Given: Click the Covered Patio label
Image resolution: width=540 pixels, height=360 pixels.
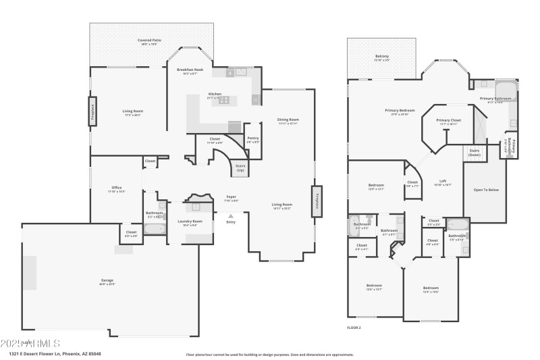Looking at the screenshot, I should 153,41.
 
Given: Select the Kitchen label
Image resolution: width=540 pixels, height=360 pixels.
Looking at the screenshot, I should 215,94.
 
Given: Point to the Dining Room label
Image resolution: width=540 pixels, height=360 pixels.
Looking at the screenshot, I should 288,120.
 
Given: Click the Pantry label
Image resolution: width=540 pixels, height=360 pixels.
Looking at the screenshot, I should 253,138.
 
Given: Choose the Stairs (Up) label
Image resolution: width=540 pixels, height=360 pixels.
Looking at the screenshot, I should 240,166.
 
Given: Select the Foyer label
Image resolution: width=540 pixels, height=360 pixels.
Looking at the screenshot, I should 231,197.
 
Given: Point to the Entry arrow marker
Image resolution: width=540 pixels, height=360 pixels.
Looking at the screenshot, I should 231,215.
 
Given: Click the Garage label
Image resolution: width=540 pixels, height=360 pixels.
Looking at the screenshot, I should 107,280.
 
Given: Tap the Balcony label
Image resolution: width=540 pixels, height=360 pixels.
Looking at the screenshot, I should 382,57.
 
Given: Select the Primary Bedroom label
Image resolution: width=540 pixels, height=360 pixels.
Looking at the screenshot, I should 400,110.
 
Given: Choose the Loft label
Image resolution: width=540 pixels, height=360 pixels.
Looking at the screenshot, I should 443,180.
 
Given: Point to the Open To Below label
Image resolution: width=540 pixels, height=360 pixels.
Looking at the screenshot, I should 486,190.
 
